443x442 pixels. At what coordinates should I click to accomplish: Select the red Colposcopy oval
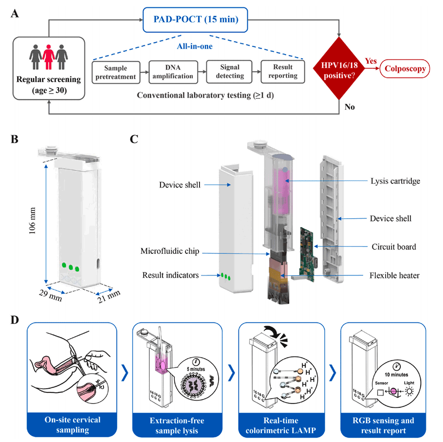click(405, 70)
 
